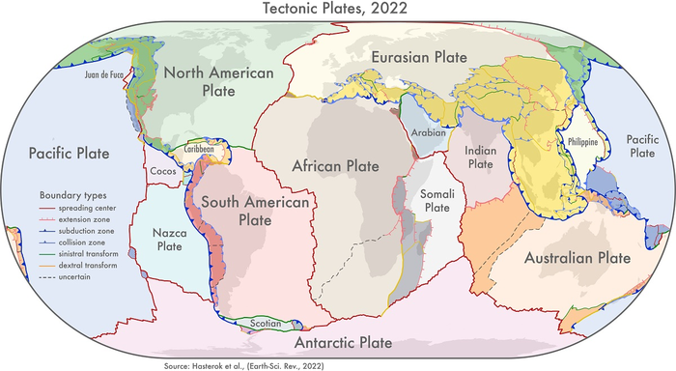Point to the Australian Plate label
pos(577,259)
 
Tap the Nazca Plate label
pos(162,240)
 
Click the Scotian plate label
pos(265,325)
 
